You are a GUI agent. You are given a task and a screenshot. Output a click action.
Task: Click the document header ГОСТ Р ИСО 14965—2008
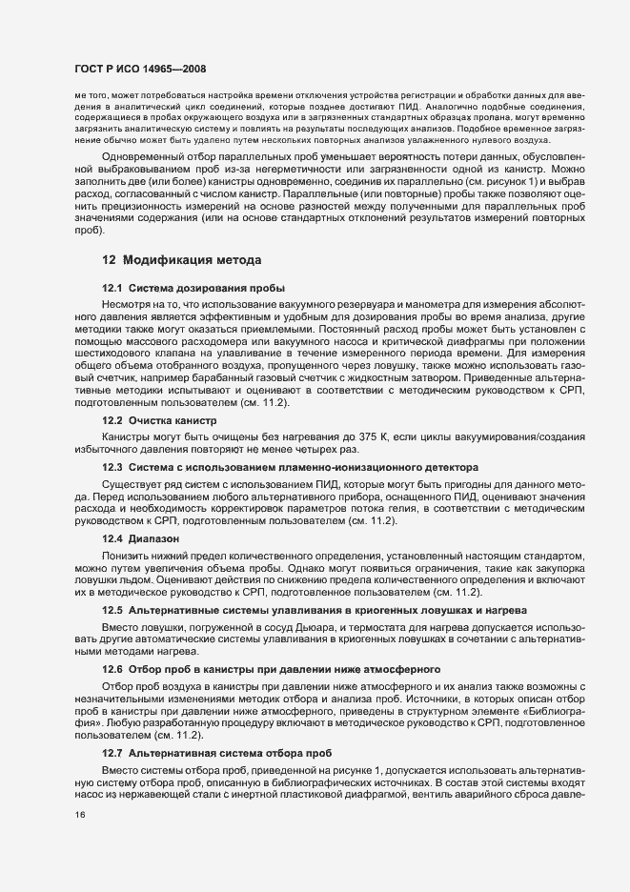click(x=139, y=70)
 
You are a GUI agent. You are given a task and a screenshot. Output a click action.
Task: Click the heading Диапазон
click(x=148, y=538)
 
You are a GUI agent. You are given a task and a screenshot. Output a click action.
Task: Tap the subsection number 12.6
click(x=112, y=669)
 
